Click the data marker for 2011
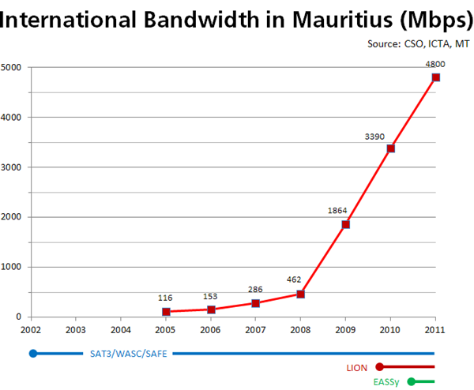pos(435,77)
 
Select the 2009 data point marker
pos(345,224)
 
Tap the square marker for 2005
pos(166,312)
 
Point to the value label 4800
pos(434,64)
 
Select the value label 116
pos(164,297)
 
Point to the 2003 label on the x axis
pos(76,329)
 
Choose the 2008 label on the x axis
pos(301,329)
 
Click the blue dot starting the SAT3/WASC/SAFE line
pos(32,353)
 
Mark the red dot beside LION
pos(380,367)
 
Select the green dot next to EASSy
pos(411,382)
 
